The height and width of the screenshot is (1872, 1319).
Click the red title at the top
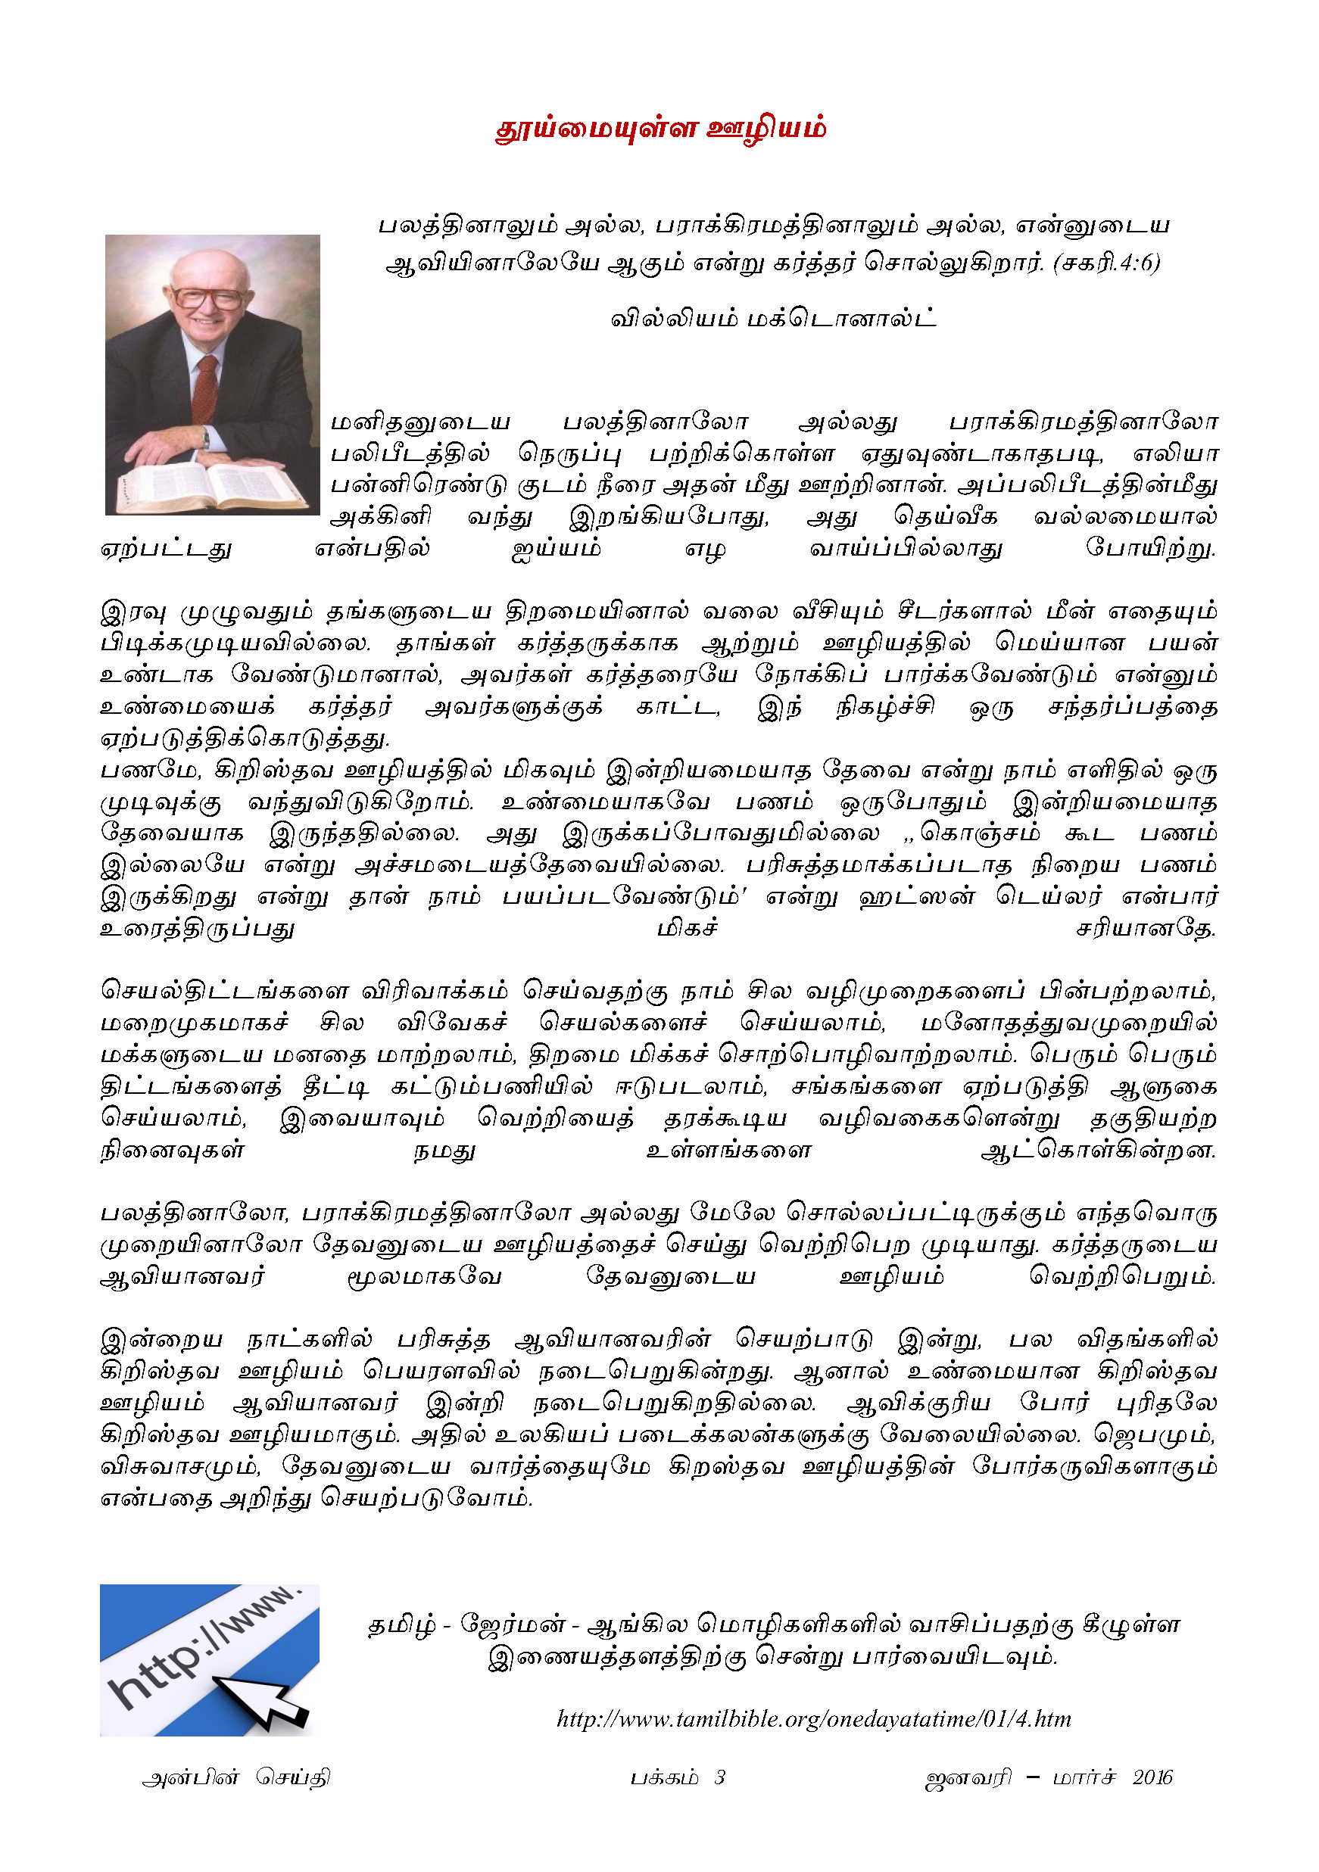click(x=660, y=129)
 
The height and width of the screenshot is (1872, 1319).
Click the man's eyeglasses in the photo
click(x=208, y=297)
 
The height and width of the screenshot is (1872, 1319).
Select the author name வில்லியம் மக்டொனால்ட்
click(x=773, y=318)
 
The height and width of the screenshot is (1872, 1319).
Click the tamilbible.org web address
click(x=813, y=1719)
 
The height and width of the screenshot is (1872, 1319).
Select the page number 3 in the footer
click(x=719, y=1777)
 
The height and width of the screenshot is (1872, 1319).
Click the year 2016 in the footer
click(x=1152, y=1777)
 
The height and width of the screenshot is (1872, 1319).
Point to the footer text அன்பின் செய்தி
click(x=235, y=1778)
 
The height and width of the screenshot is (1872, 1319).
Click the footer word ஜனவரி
click(x=968, y=1778)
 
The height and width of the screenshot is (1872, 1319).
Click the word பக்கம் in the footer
click(x=664, y=1778)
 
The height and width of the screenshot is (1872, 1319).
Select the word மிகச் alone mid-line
click(x=687, y=928)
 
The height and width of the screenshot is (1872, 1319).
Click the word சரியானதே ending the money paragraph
click(x=1146, y=929)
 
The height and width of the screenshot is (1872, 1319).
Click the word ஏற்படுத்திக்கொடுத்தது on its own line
click(x=245, y=739)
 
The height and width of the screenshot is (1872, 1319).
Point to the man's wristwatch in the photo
click(x=207, y=438)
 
